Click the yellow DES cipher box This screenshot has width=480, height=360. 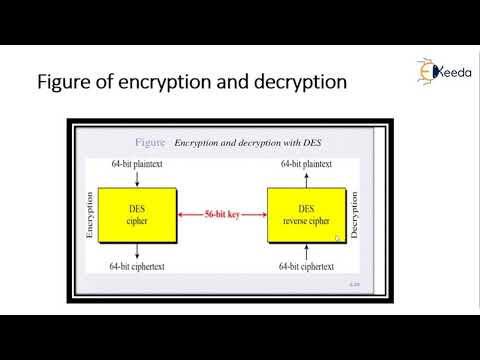point(137,215)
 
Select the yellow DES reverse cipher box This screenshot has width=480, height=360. point(307,215)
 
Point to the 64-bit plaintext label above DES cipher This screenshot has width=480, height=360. point(137,163)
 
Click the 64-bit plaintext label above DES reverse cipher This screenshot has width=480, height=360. point(307,163)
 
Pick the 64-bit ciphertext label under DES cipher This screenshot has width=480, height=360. point(137,267)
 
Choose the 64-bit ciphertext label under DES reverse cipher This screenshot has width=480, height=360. point(307,267)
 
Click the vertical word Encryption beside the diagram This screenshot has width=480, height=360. point(90,215)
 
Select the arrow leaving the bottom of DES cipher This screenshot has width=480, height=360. point(137,250)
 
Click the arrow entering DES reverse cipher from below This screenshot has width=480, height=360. point(307,251)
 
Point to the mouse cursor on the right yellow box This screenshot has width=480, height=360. point(337,238)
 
